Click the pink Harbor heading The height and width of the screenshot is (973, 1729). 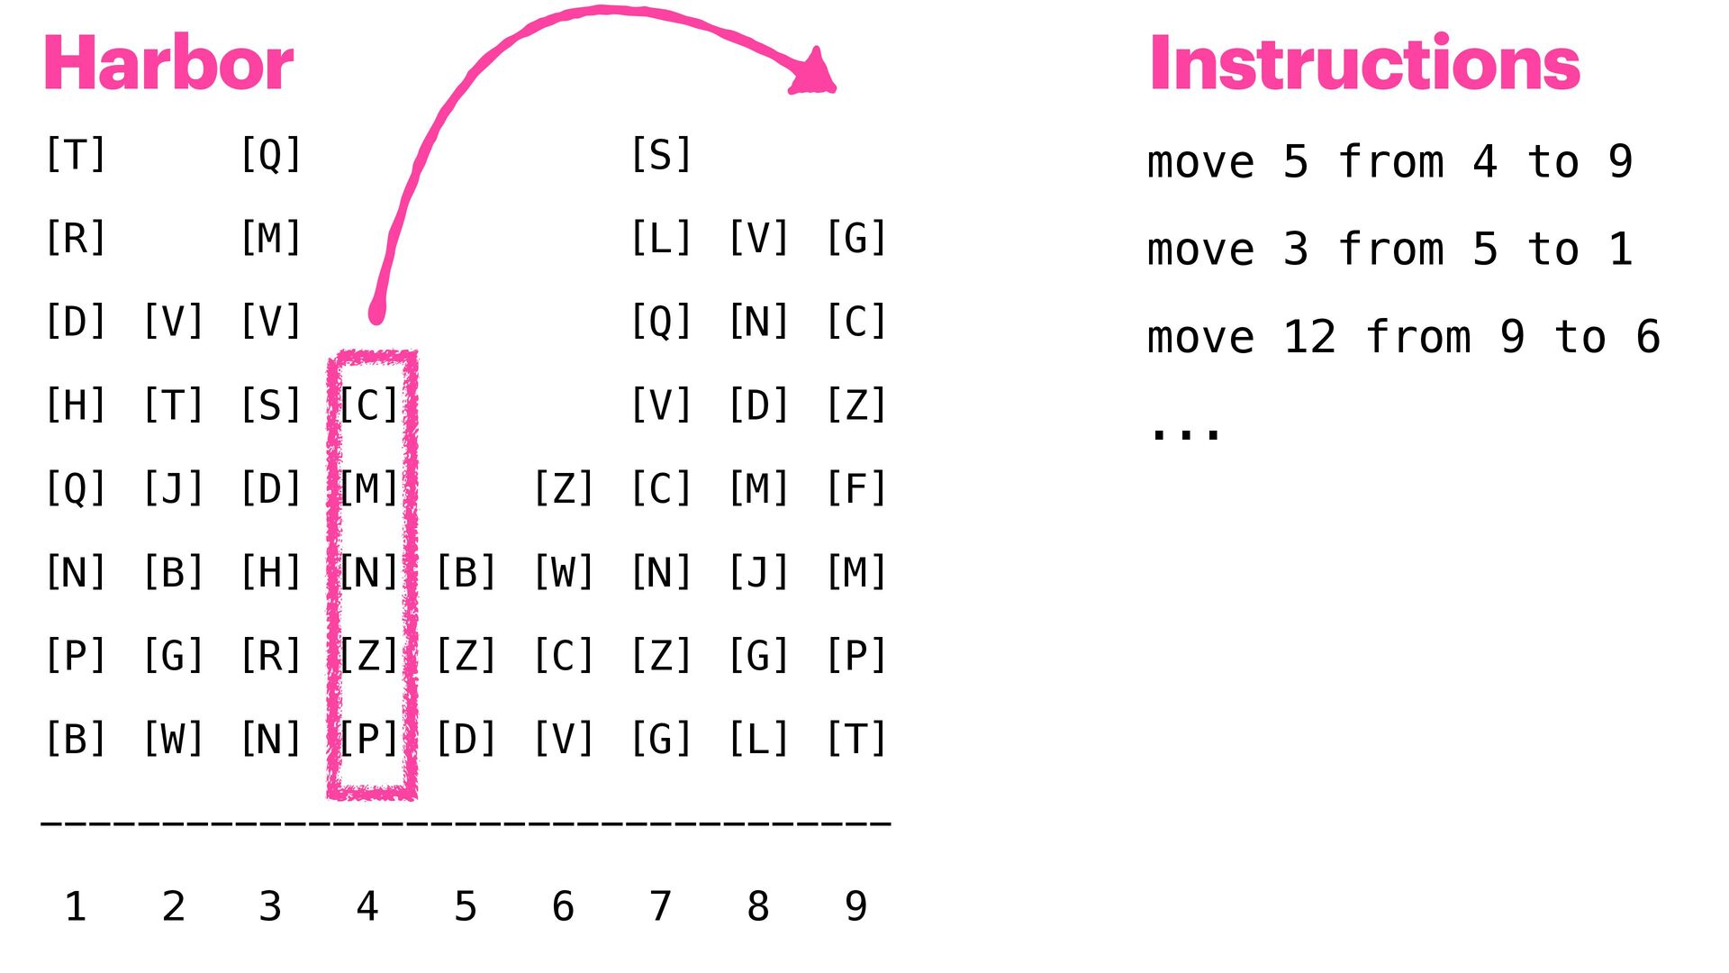(x=168, y=63)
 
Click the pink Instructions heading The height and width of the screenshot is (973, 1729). (x=1364, y=63)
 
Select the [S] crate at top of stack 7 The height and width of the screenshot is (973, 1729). (x=661, y=155)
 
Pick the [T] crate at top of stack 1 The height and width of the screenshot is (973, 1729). (x=76, y=155)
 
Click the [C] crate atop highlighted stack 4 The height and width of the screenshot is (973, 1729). (x=368, y=405)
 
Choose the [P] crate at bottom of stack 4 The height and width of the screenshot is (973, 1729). (x=368, y=739)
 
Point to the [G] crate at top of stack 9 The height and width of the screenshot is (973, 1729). (x=856, y=239)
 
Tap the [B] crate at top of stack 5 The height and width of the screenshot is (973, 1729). (x=466, y=572)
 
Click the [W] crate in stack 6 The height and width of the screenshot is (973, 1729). (x=564, y=572)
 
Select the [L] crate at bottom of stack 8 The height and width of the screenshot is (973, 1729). (x=758, y=739)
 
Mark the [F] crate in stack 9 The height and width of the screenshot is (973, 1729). (x=856, y=488)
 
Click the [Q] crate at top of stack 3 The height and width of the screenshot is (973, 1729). (x=271, y=155)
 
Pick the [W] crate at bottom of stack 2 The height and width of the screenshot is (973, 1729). (x=173, y=739)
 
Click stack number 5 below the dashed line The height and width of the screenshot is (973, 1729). (x=466, y=906)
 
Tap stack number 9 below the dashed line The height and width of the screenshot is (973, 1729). (x=856, y=906)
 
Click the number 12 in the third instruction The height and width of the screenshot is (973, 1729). (x=1309, y=338)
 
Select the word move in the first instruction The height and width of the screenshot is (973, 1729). (x=1200, y=163)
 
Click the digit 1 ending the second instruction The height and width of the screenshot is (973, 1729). (x=1621, y=250)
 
